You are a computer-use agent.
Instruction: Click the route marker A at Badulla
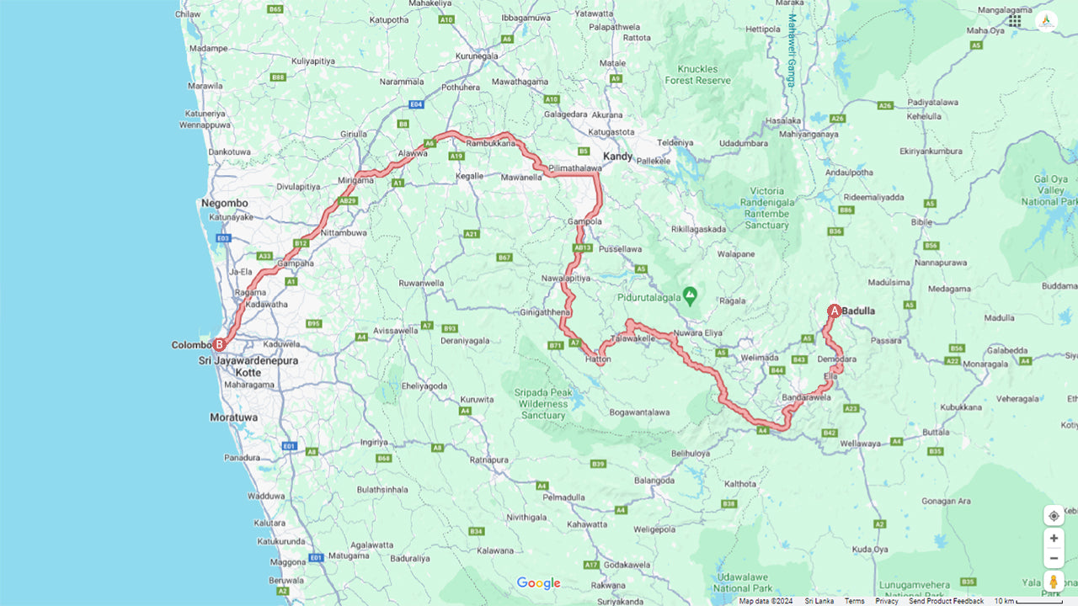[834, 311]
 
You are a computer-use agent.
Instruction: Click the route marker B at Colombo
[219, 344]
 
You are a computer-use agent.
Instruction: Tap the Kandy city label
[617, 157]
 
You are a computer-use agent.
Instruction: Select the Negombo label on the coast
[224, 203]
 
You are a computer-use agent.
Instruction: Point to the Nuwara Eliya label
[696, 332]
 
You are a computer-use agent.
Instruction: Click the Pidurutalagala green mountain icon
[690, 295]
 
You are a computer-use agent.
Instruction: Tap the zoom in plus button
[1054, 539]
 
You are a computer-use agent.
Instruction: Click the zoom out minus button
[1054, 558]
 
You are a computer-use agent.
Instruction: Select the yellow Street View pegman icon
[1054, 582]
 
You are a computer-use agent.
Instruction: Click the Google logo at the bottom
[538, 583]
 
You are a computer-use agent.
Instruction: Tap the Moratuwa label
[234, 417]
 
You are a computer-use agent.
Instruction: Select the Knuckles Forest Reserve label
[697, 74]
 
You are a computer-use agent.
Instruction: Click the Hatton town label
[598, 359]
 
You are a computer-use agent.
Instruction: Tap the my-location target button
[1054, 516]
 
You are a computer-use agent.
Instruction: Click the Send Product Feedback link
[946, 601]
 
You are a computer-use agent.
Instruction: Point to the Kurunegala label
[478, 56]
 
